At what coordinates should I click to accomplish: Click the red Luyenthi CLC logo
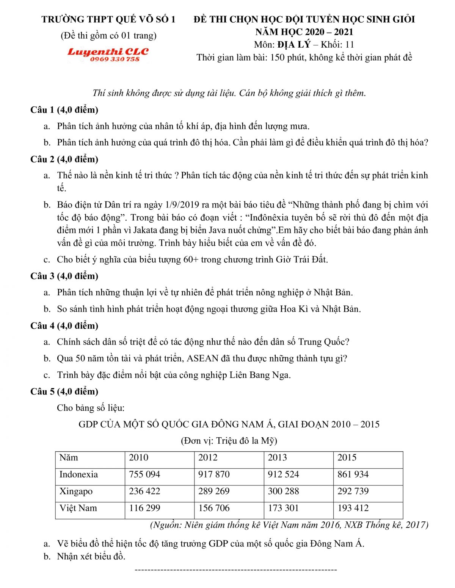point(108,51)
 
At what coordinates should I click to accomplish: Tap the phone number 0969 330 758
point(115,59)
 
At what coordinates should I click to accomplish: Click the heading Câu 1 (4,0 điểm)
point(64,110)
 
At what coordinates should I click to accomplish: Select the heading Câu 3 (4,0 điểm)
point(64,276)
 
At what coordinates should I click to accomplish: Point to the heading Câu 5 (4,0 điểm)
point(64,391)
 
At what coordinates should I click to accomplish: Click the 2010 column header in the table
point(139,457)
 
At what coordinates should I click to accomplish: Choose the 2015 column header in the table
point(347,457)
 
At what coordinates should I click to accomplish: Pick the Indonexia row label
point(78,474)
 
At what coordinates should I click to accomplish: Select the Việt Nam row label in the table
point(78,508)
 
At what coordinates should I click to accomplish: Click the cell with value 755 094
point(144,474)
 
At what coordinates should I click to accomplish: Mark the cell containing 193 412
point(353,508)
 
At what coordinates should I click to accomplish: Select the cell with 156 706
point(214,508)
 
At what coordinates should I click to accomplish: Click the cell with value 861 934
point(353,474)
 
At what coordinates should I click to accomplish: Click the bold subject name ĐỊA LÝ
point(294,45)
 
